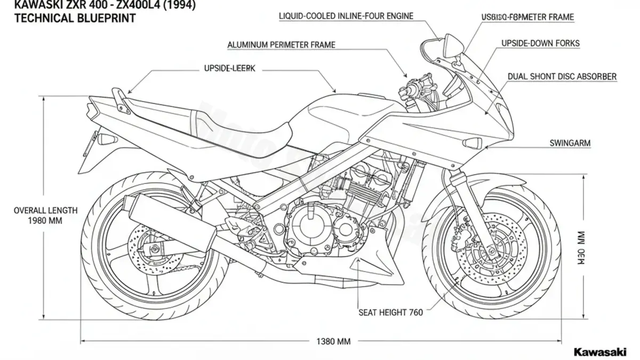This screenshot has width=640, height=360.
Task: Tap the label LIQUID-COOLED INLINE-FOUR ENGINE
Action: (x=346, y=17)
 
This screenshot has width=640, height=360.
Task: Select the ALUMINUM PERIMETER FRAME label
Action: (x=281, y=45)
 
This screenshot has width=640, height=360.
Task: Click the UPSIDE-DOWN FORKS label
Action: (x=540, y=43)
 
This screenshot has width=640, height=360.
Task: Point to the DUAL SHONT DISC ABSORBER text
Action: (x=562, y=77)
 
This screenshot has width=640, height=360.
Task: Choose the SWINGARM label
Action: (x=570, y=143)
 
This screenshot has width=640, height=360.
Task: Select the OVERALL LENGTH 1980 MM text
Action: (x=45, y=215)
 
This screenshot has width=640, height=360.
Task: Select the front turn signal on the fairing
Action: (x=473, y=143)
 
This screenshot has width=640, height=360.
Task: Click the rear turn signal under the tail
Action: (x=107, y=140)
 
